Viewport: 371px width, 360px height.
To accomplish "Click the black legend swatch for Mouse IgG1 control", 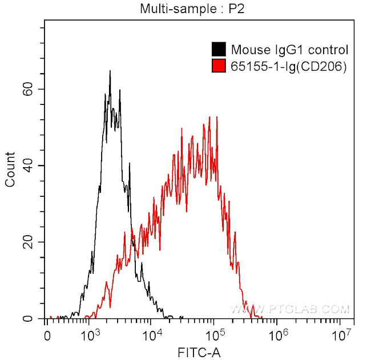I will (x=218, y=50).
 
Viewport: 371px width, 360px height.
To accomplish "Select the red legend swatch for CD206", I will (x=218, y=66).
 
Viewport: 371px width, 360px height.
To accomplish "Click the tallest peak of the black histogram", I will (x=110, y=71).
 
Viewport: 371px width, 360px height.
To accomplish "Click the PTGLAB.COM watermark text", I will (x=290, y=309).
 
